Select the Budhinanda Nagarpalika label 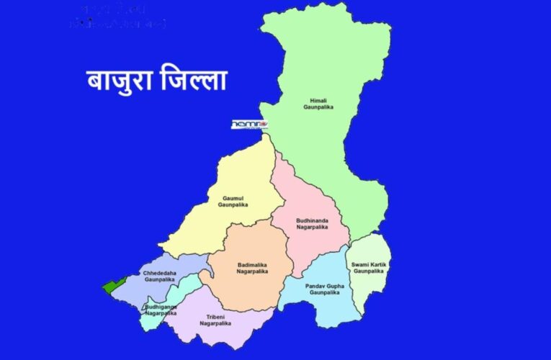312,224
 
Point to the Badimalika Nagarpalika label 252,268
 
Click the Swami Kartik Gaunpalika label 369,268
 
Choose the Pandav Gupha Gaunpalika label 319,289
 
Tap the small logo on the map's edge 249,125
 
